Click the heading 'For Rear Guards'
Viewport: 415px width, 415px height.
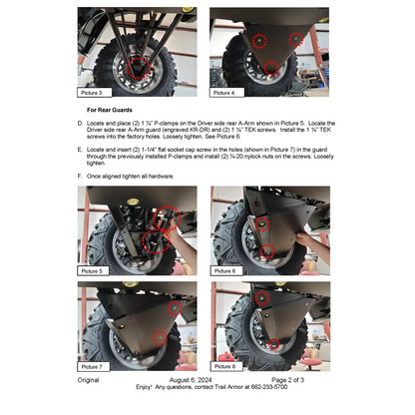[109, 110]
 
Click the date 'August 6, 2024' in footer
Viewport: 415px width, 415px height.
[195, 380]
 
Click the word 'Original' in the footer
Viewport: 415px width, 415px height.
[89, 380]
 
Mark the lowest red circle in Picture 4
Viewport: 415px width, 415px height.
[269, 68]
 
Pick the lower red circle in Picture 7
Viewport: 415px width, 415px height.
[160, 338]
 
